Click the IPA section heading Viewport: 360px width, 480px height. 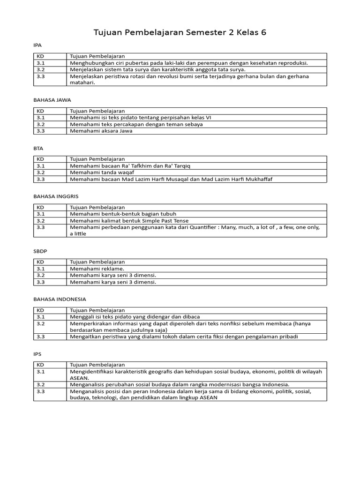37,45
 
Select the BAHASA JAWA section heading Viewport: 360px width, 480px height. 52,100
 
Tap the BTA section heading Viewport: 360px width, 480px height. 38,148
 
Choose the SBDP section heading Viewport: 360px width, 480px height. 40,251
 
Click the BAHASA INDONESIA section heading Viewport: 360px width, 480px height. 60,299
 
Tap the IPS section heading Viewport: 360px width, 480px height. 37,354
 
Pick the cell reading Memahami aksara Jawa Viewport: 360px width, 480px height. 101,131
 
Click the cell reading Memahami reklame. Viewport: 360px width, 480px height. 97,269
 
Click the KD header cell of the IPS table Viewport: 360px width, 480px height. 40,365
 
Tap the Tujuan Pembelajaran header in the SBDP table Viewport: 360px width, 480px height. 97,262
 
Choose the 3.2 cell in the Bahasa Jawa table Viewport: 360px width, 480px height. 40,124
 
